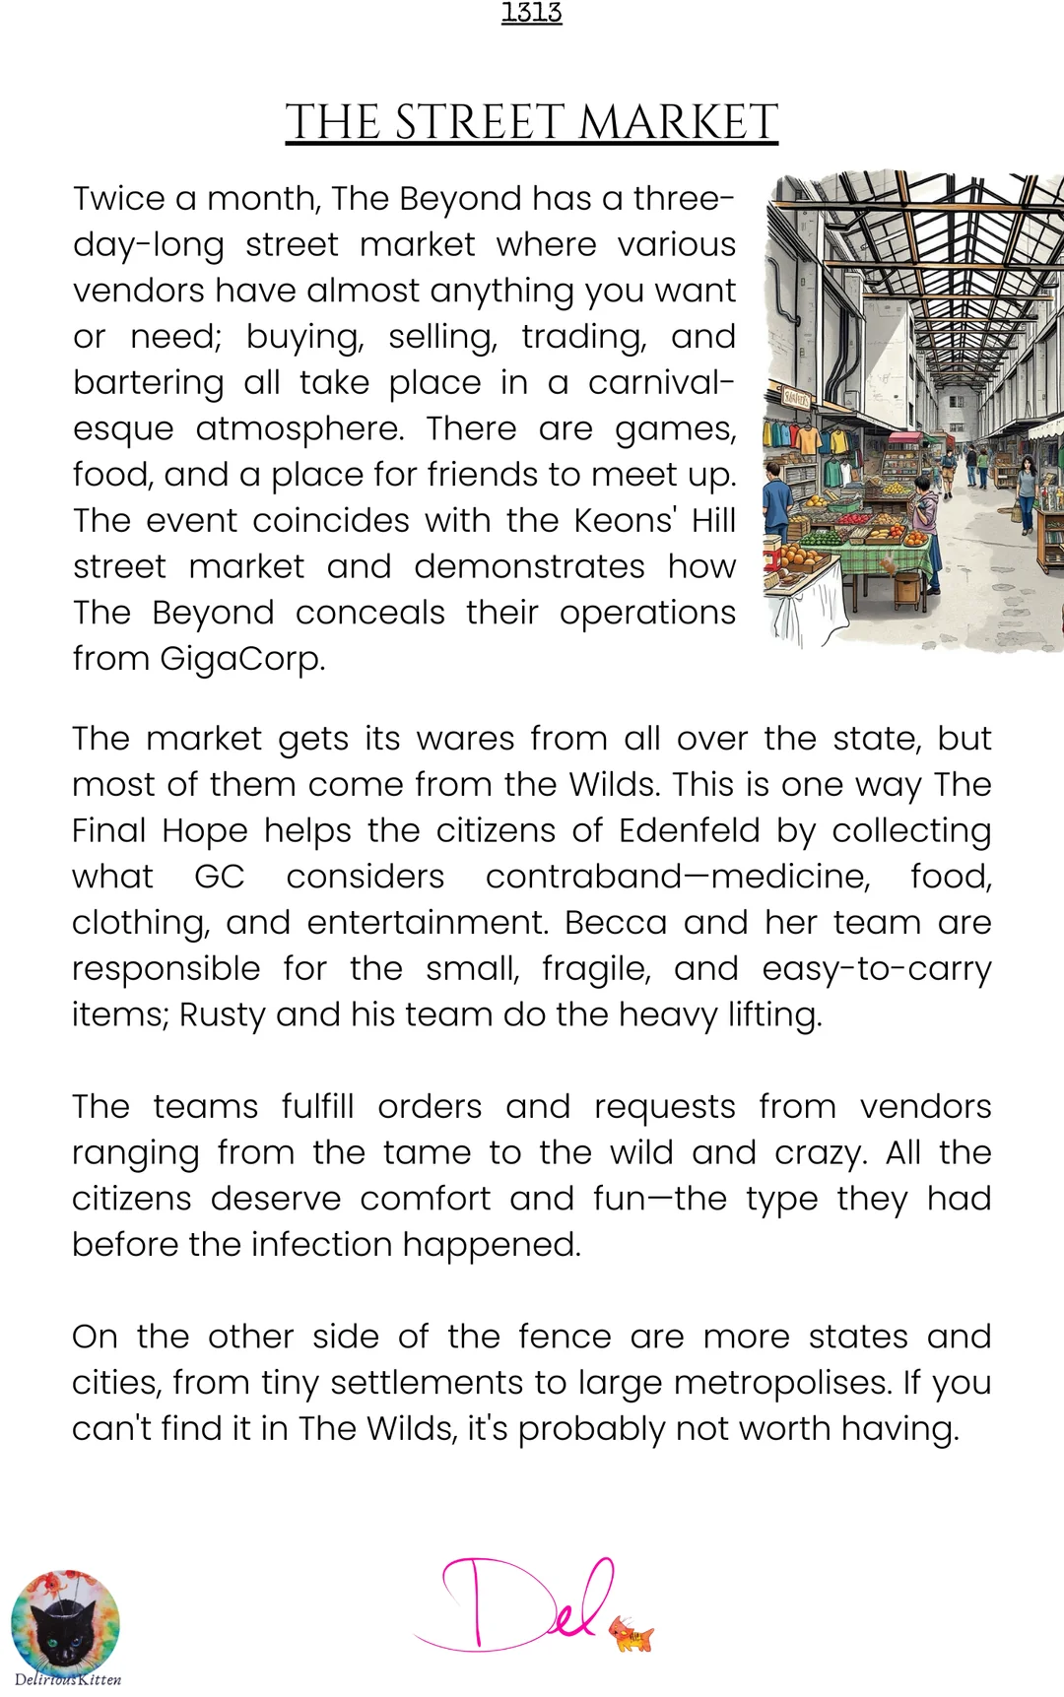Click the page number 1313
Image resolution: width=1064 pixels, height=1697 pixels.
click(x=531, y=13)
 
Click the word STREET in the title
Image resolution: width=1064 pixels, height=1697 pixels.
click(x=485, y=123)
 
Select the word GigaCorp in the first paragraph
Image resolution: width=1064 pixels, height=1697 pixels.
click(x=241, y=658)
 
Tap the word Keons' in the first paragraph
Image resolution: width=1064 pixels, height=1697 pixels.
click(x=627, y=520)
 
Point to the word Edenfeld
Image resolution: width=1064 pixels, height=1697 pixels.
click(x=690, y=830)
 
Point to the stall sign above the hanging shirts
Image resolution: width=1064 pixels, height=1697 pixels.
click(x=796, y=399)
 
